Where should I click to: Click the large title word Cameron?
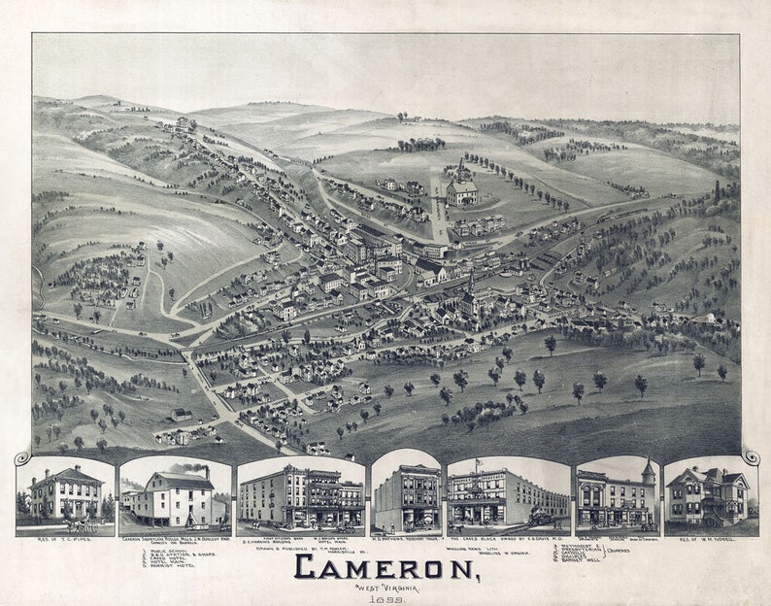pyautogui.click(x=385, y=566)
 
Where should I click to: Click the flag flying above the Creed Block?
pyautogui.click(x=477, y=464)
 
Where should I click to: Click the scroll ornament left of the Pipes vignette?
pyautogui.click(x=21, y=457)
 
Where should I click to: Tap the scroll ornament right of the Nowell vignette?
pyautogui.click(x=749, y=456)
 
